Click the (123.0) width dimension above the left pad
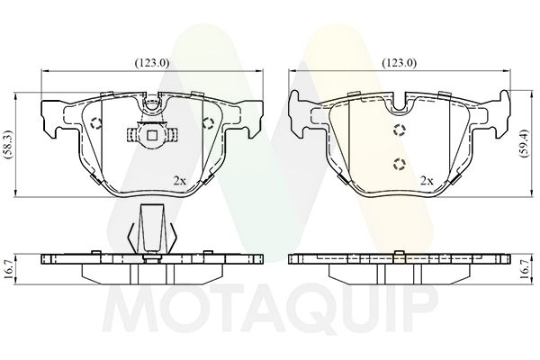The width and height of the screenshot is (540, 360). coord(150,63)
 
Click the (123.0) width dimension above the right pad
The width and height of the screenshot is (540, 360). coord(400,63)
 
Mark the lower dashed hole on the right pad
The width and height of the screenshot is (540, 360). coord(400,164)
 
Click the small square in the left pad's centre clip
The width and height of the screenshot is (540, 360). coord(152,137)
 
